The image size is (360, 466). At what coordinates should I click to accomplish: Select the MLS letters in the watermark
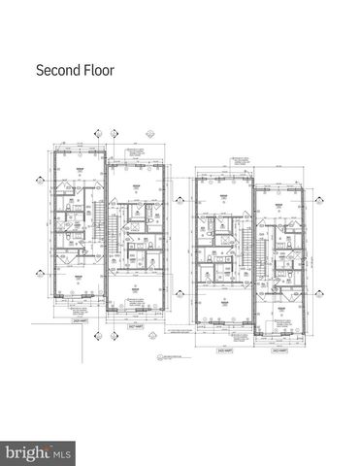[x=61, y=452]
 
